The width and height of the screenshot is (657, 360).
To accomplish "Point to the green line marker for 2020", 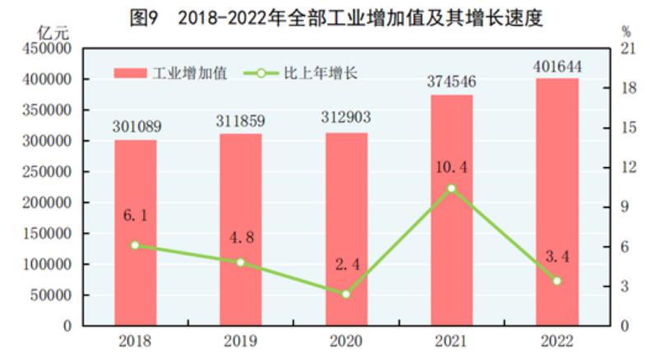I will tap(346, 293).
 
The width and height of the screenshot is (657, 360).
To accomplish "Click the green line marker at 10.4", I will tap(451, 188).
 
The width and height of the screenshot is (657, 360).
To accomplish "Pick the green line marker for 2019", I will tap(240, 262).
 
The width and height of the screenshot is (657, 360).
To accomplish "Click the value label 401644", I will tap(557, 64).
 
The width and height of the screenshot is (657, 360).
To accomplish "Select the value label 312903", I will tap(346, 119).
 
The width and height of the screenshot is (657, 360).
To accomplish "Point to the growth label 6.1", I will tap(135, 215).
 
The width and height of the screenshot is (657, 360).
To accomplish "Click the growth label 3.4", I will tap(557, 256).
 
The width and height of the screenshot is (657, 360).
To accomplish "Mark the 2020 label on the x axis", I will tap(346, 340).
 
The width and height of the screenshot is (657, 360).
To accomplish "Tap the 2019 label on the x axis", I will tap(240, 340).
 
